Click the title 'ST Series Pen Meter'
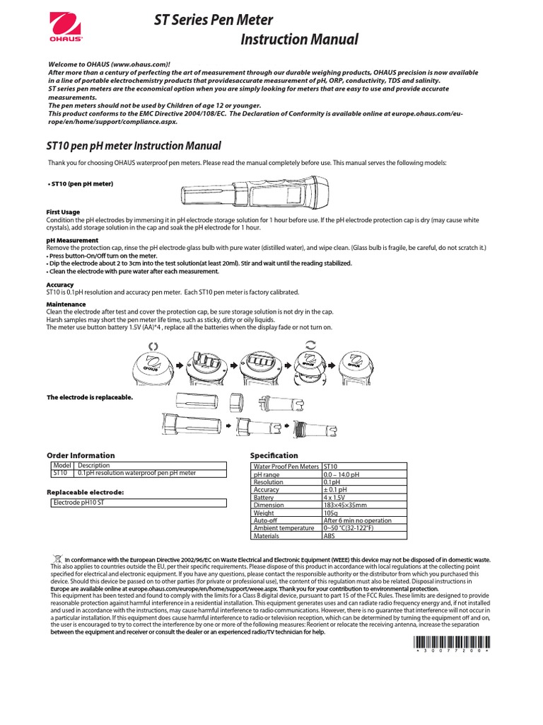214,20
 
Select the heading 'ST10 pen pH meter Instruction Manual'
134,146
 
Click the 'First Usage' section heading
63,212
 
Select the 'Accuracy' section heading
60,285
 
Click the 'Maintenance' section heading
66,304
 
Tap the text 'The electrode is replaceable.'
89,397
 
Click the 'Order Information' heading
80,455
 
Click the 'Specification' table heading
274,455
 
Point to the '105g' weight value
331,513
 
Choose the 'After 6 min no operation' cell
357,520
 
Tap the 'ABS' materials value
329,536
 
